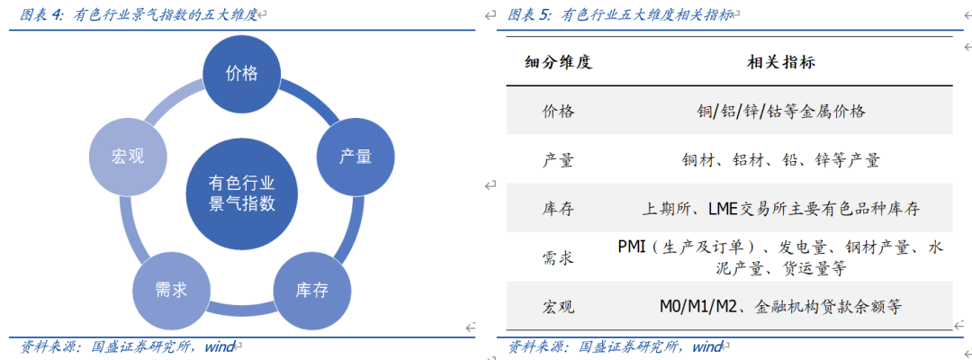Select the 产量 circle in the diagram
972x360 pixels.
coord(355,157)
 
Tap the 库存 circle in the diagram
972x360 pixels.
coord(310,290)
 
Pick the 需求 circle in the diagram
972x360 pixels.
coord(170,290)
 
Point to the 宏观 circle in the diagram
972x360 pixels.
coord(128,157)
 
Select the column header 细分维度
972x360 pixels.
coord(558,62)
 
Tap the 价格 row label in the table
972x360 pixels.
coord(558,112)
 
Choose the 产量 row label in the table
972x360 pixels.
coord(558,160)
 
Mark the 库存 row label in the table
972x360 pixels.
coord(558,209)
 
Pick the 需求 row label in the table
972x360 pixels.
coord(558,257)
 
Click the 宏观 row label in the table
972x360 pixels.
coord(558,306)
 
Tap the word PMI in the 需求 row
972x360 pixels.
coord(634,247)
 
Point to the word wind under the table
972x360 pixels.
coord(707,346)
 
